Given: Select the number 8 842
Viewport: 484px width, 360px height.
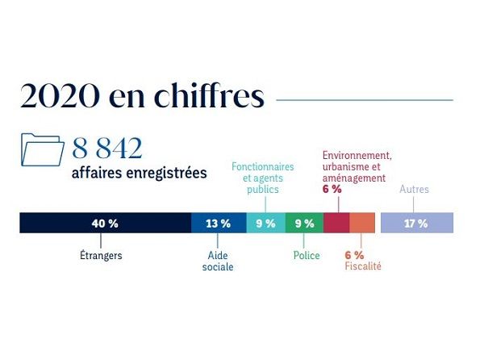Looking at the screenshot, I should pyautogui.click(x=107, y=149).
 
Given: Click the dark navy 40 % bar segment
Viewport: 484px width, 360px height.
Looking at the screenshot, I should pyautogui.click(x=105, y=223).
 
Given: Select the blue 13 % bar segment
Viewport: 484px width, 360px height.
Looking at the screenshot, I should pyautogui.click(x=219, y=223).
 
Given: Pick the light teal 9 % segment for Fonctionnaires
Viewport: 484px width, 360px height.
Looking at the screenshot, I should pyautogui.click(x=265, y=223).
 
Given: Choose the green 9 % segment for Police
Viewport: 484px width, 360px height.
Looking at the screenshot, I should pyautogui.click(x=304, y=223).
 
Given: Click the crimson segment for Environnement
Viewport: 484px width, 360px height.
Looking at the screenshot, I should pyautogui.click(x=336, y=223).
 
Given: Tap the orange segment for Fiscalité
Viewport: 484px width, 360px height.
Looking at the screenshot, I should pyautogui.click(x=362, y=223).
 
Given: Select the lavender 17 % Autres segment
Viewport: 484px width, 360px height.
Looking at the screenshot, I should pyautogui.click(x=416, y=223).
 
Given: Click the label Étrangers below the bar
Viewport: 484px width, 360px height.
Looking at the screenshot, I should pyautogui.click(x=101, y=256).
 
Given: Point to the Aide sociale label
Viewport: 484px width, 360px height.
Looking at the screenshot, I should pyautogui.click(x=218, y=261).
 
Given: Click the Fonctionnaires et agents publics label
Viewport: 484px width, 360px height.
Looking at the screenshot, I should pyautogui.click(x=263, y=178).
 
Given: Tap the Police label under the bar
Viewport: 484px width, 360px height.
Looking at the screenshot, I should pyautogui.click(x=307, y=256).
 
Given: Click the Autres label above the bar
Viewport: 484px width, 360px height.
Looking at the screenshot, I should pyautogui.click(x=414, y=190).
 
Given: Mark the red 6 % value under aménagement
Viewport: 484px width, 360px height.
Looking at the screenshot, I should pyautogui.click(x=332, y=189).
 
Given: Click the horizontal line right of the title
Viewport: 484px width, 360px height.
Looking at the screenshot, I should pyautogui.click(x=365, y=100).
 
